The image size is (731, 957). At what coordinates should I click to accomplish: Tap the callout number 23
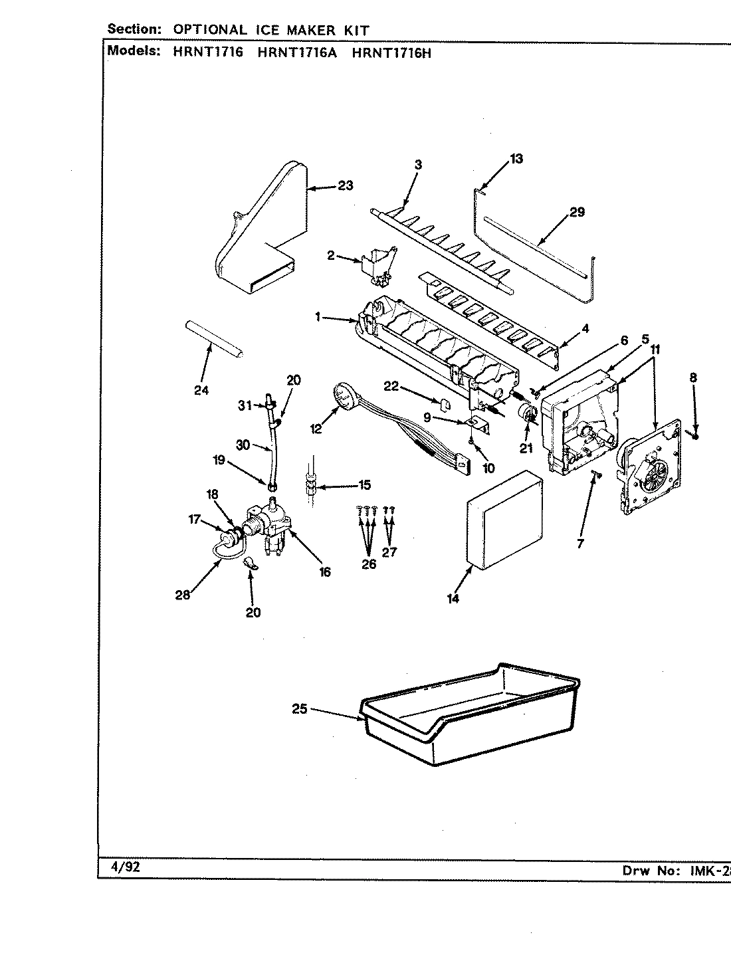(x=345, y=185)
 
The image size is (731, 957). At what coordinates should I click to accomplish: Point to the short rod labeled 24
(x=212, y=338)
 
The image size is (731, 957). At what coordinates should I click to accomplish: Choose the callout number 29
(x=577, y=212)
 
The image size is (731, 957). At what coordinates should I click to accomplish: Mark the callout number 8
(x=693, y=377)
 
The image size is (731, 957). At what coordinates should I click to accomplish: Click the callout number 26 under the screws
(x=369, y=564)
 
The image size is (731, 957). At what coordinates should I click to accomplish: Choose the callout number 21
(x=526, y=449)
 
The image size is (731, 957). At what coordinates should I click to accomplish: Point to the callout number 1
(x=319, y=318)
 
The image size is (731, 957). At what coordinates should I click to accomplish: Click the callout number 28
(x=182, y=595)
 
